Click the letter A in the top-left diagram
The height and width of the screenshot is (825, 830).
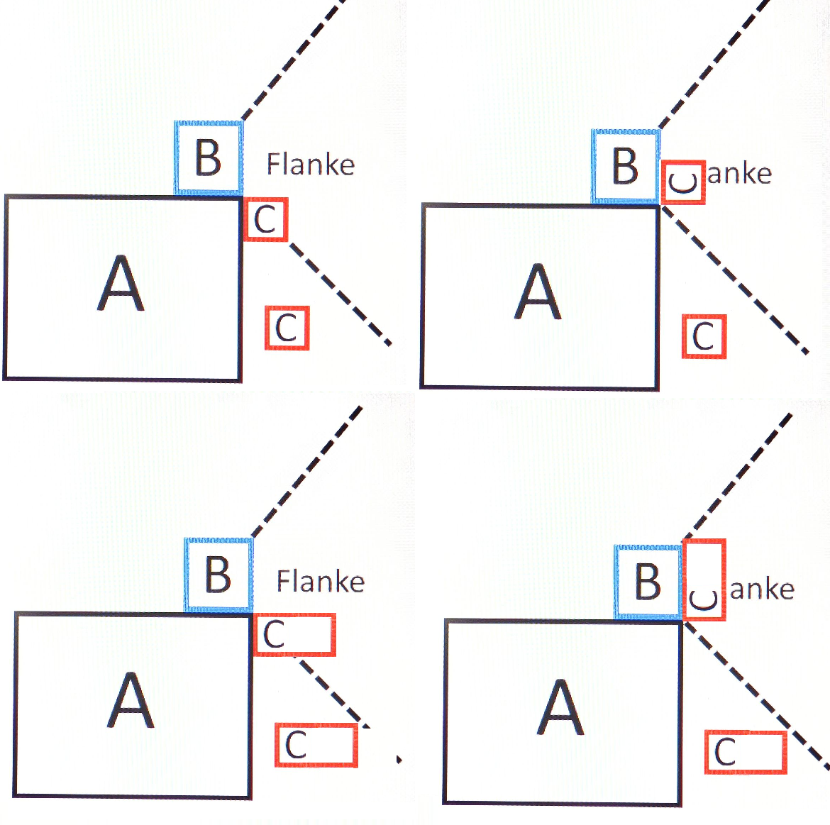(x=121, y=284)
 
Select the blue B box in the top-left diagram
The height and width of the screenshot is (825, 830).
(x=209, y=157)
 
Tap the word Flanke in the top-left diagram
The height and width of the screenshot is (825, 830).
(x=310, y=165)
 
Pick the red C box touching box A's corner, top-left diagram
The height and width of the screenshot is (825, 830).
(x=266, y=219)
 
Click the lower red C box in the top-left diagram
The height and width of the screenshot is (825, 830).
(x=287, y=328)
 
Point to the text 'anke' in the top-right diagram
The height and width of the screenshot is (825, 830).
(x=739, y=174)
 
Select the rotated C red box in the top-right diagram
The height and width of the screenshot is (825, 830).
(x=683, y=182)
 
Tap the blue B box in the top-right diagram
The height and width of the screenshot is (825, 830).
(x=625, y=167)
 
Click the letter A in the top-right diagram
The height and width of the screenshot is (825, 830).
(x=538, y=292)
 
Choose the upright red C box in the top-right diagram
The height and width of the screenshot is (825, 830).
(x=704, y=336)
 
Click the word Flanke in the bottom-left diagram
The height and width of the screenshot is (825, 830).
(x=320, y=582)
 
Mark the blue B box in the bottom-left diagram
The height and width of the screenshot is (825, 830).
(x=218, y=575)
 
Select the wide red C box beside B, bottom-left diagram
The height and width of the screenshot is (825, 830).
(x=294, y=635)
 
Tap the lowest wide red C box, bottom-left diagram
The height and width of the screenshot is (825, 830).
(x=316, y=745)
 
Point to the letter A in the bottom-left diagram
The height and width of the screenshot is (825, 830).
(x=131, y=701)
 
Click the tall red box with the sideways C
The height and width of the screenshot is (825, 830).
(x=704, y=580)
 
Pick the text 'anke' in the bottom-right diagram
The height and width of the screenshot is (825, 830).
(x=762, y=589)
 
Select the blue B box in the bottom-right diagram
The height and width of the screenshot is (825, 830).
(x=648, y=582)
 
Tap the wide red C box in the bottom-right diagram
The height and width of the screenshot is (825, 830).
(x=746, y=752)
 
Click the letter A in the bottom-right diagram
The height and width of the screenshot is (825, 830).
(x=560, y=708)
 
